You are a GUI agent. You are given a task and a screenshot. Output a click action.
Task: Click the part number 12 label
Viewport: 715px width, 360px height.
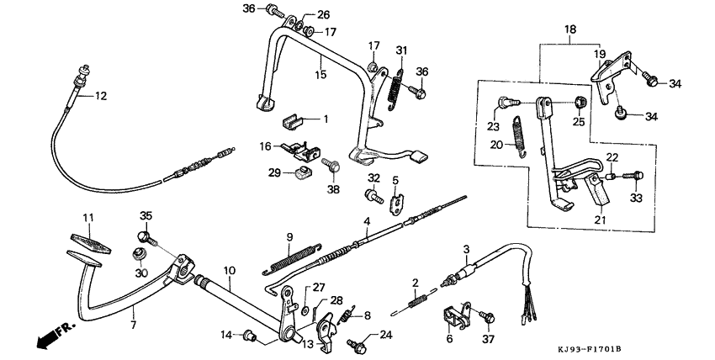pyautogui.click(x=100, y=97)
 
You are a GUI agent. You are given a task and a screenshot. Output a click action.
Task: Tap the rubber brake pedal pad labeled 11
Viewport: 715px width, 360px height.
pyautogui.click(x=89, y=240)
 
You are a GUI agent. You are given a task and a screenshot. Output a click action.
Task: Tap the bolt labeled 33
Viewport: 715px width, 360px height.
pyautogui.click(x=635, y=176)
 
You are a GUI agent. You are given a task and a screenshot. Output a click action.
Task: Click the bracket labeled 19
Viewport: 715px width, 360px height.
pyautogui.click(x=611, y=71)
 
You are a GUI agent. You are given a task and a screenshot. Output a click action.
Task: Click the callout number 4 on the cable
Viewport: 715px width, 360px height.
pyautogui.click(x=367, y=222)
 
